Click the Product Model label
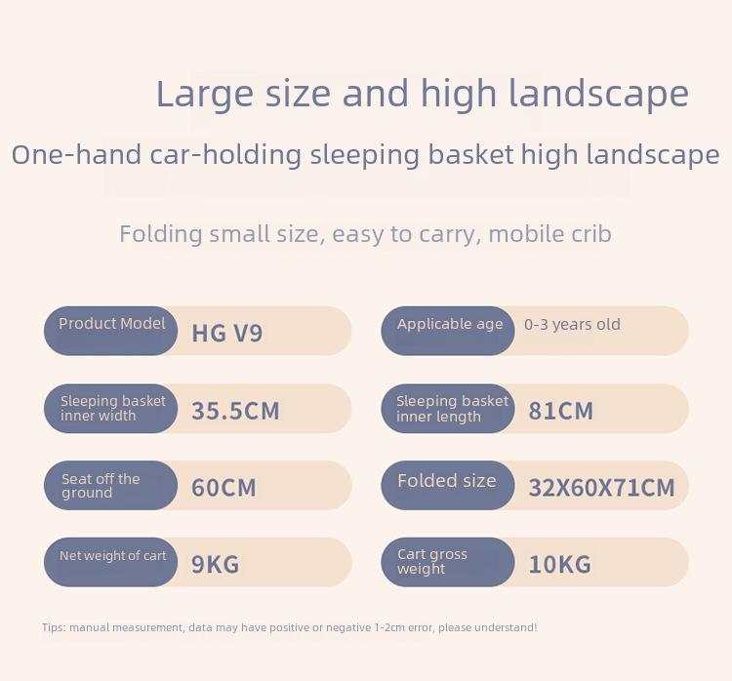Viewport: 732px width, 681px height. click(112, 324)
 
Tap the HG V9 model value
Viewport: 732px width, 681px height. click(226, 334)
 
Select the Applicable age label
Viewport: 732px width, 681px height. click(450, 324)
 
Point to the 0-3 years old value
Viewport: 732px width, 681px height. click(572, 324)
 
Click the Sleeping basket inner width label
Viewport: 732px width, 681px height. click(113, 408)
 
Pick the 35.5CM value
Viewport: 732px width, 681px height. click(235, 411)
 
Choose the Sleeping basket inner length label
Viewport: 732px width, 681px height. click(452, 409)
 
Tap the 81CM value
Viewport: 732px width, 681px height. click(560, 411)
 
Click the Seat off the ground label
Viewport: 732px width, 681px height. click(101, 486)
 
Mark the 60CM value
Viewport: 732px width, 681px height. click(224, 488)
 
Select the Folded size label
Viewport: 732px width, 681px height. click(447, 481)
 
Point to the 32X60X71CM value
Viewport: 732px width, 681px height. click(602, 488)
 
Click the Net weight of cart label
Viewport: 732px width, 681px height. click(112, 555)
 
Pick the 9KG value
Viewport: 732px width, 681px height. click(216, 564)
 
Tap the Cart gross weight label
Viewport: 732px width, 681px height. click(431, 561)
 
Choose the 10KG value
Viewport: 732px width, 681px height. click(560, 564)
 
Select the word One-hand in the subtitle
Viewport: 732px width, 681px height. click(76, 154)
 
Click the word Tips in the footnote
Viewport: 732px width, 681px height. click(54, 627)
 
